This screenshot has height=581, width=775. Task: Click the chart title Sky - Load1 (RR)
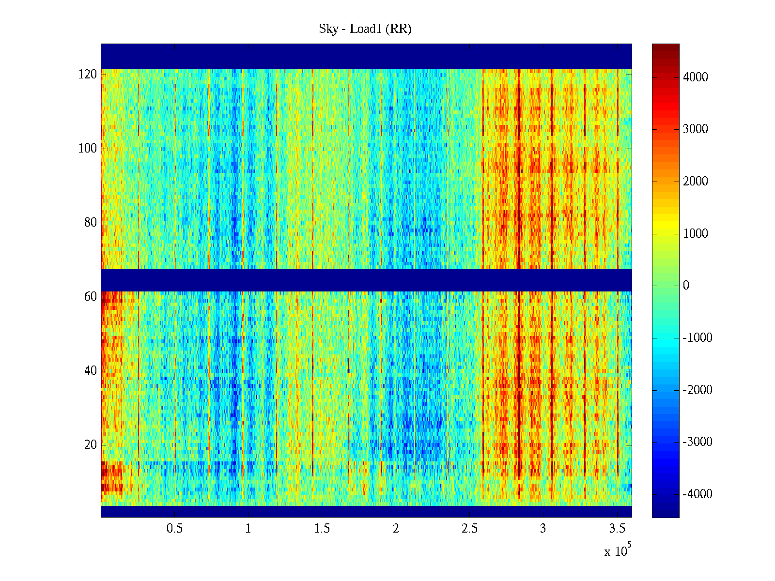365,29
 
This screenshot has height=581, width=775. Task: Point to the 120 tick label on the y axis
88,75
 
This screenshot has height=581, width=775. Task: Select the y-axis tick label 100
88,149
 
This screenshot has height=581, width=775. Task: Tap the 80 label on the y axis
91,223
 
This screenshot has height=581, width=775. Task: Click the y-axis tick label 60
91,297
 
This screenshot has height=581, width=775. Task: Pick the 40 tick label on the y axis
91,371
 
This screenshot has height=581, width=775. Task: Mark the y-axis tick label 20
91,445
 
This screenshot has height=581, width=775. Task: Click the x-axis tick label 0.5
174,529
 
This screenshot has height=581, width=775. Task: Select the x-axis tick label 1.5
322,529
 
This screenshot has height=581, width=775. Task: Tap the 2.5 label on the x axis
469,529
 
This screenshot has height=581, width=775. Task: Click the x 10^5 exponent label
618,550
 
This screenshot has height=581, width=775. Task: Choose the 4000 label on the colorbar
696,77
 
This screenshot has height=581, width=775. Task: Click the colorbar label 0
686,286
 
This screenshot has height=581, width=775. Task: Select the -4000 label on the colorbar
697,494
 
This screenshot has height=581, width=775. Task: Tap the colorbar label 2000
696,182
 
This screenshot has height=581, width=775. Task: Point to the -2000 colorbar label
697,390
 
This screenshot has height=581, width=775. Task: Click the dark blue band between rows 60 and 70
366,280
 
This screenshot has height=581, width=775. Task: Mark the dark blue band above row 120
366,56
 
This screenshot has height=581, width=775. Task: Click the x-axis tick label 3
543,529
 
